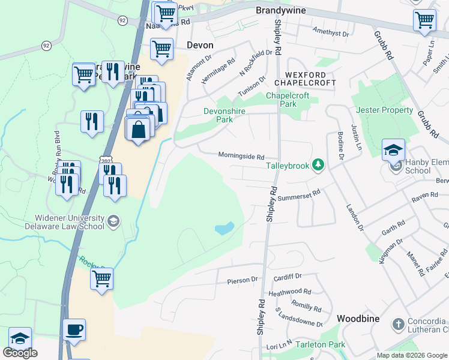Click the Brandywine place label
281,11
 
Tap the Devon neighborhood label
200,45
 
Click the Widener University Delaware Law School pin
113,222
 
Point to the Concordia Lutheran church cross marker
397,325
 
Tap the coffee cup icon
74,329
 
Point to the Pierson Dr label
242,280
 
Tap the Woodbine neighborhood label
358,319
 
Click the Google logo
20,353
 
